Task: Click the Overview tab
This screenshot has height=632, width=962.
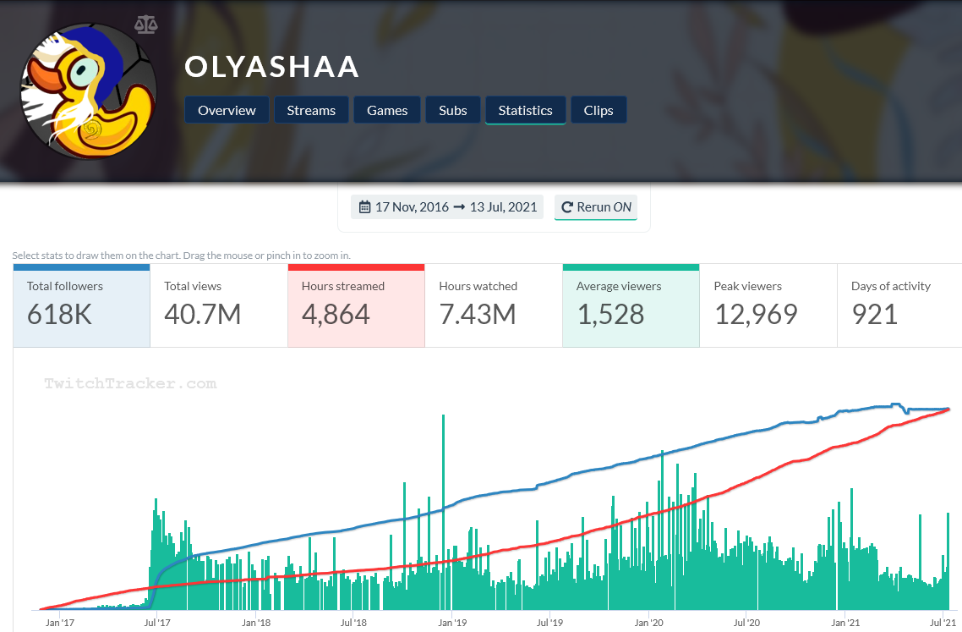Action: [227, 110]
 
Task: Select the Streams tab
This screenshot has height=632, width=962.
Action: [311, 110]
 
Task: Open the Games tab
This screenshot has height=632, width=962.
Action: [387, 110]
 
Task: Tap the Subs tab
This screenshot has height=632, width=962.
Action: [453, 110]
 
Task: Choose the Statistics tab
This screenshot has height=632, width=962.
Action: [525, 110]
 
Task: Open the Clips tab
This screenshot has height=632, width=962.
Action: [599, 110]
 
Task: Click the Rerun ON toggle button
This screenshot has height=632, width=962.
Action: [596, 206]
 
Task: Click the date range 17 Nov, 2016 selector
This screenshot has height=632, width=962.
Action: [447, 206]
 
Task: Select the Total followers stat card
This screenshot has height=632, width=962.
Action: [82, 305]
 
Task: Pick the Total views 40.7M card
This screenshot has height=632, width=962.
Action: [219, 305]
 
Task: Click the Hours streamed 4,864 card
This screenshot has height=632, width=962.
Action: [356, 305]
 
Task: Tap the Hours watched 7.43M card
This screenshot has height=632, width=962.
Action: [493, 305]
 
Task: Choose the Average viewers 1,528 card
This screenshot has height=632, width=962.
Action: [631, 305]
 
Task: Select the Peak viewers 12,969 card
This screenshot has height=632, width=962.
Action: [768, 305]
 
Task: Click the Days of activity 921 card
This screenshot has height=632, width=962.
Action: [899, 305]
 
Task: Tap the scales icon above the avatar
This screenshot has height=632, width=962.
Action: [145, 23]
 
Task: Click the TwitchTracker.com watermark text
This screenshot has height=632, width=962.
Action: [130, 383]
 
